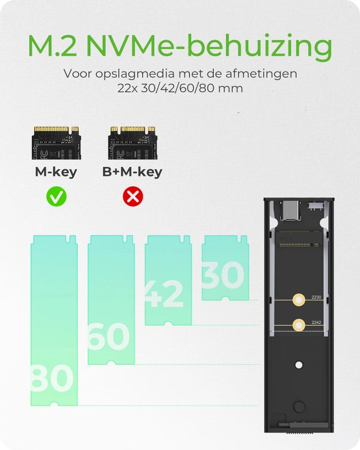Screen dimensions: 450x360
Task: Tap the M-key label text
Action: (56, 172)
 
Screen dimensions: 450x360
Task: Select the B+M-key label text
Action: (132, 172)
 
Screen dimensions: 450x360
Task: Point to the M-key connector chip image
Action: (56, 142)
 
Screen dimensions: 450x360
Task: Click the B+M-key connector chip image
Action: (132, 142)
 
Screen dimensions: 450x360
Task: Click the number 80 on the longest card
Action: (52, 378)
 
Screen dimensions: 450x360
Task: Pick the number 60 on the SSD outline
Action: (109, 336)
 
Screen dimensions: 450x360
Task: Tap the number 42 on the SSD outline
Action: (164, 294)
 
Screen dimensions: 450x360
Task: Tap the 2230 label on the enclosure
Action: (317, 297)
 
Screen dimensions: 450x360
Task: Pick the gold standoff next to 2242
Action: (299, 323)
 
